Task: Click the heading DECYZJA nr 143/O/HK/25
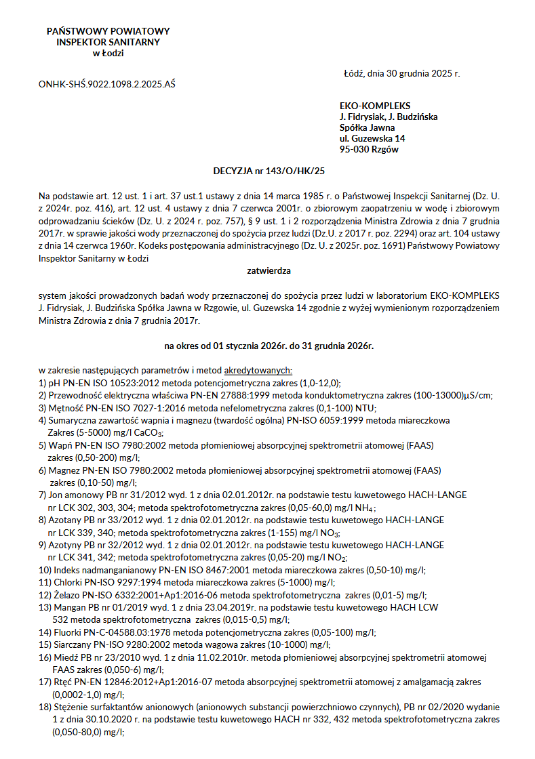point(269,172)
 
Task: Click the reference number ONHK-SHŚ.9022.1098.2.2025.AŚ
point(107,85)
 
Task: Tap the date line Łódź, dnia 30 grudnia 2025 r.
point(401,73)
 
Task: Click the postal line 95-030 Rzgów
point(369,149)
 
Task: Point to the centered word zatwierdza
point(269,271)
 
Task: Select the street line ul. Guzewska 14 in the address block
point(372,138)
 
